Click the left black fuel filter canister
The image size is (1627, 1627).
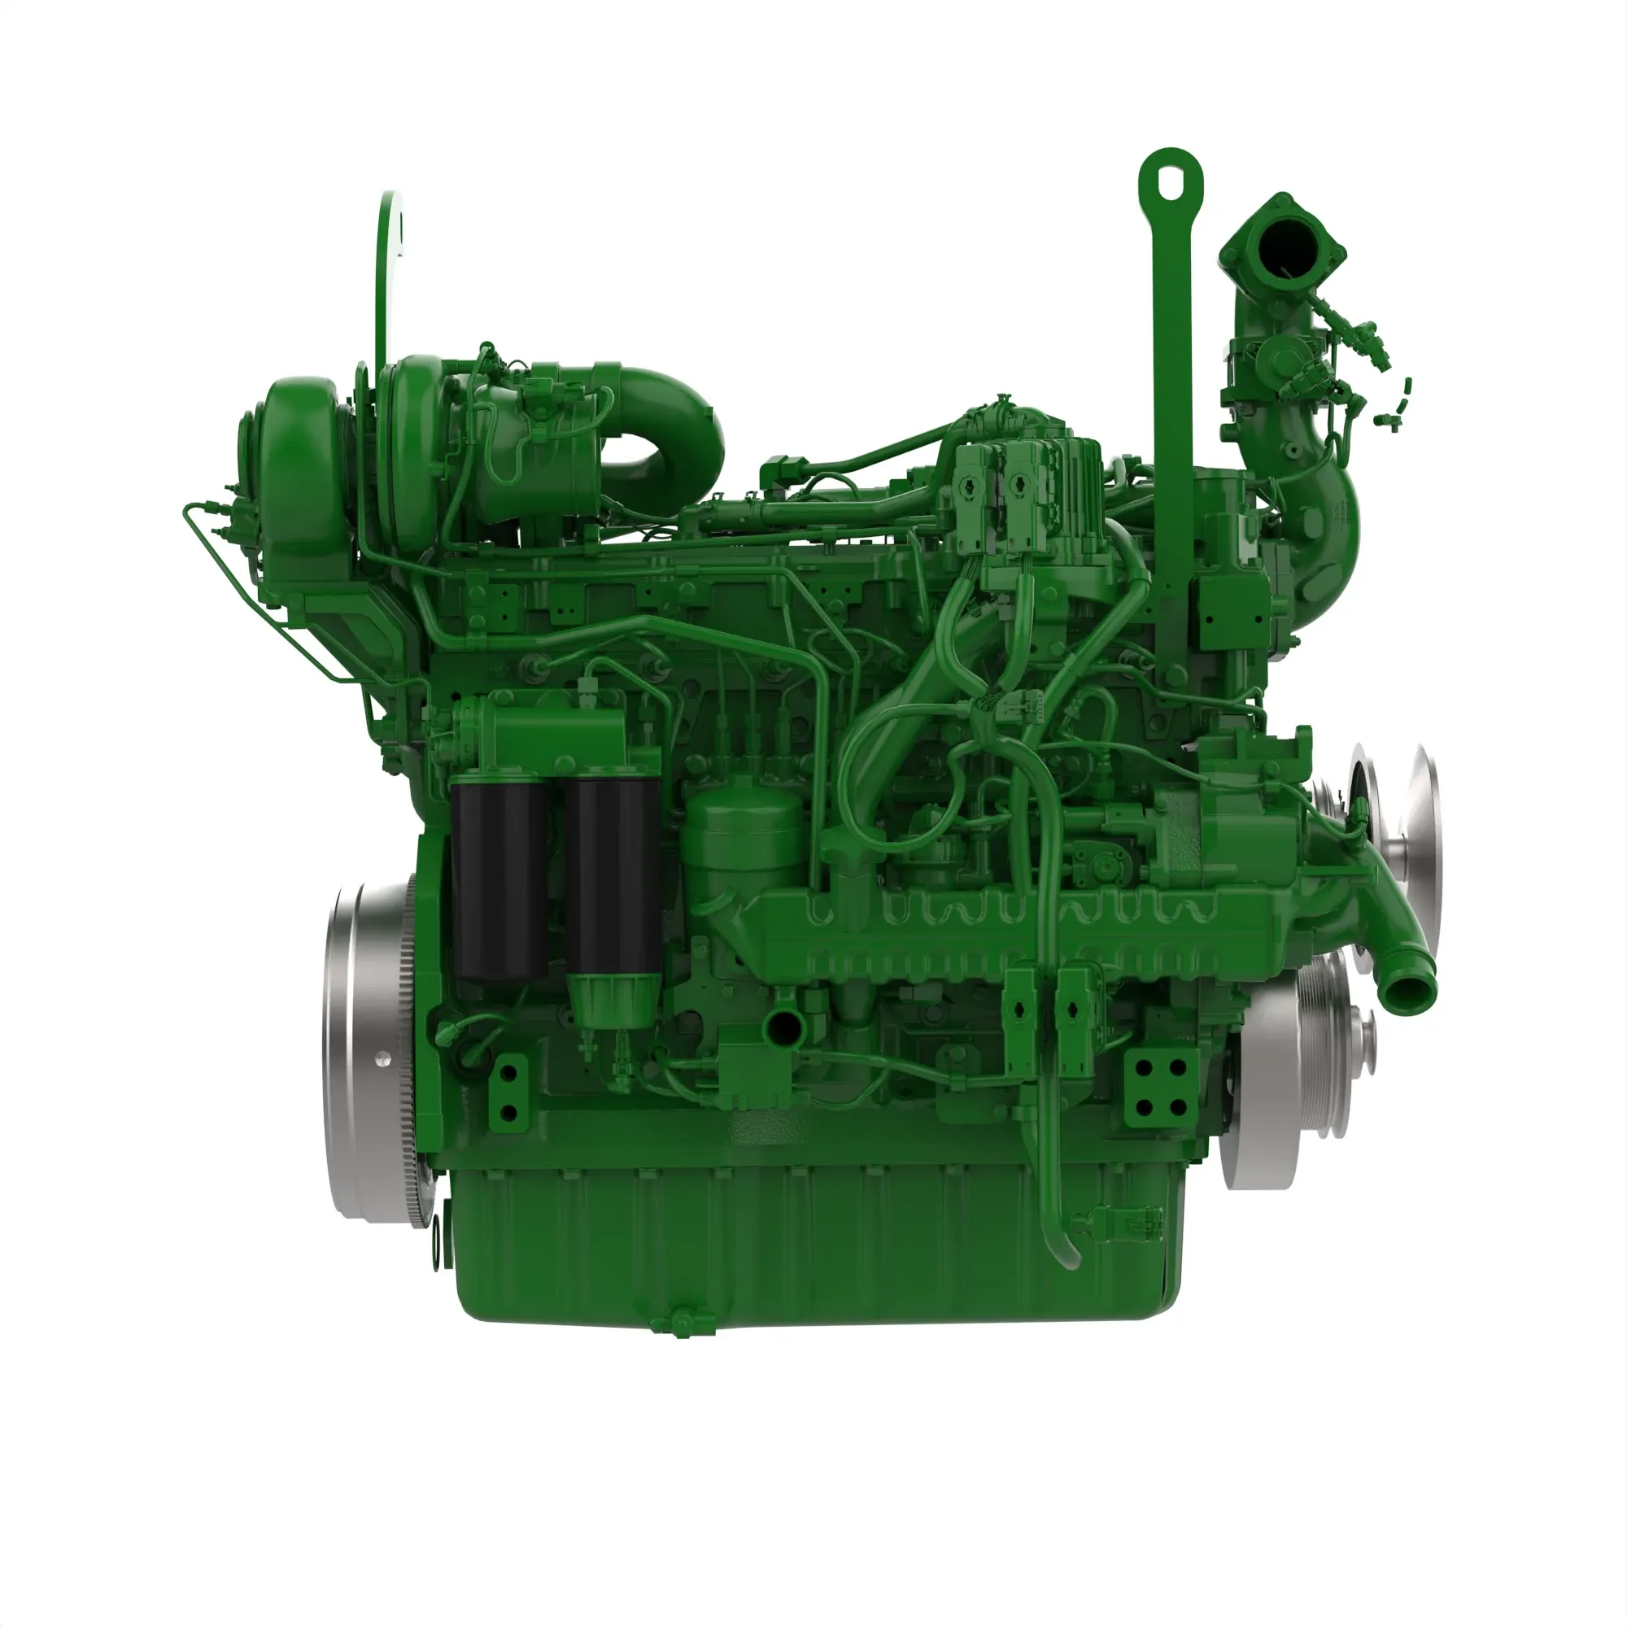[499, 880]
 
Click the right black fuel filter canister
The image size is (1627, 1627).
[613, 876]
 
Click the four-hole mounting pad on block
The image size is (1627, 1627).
[1162, 1086]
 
